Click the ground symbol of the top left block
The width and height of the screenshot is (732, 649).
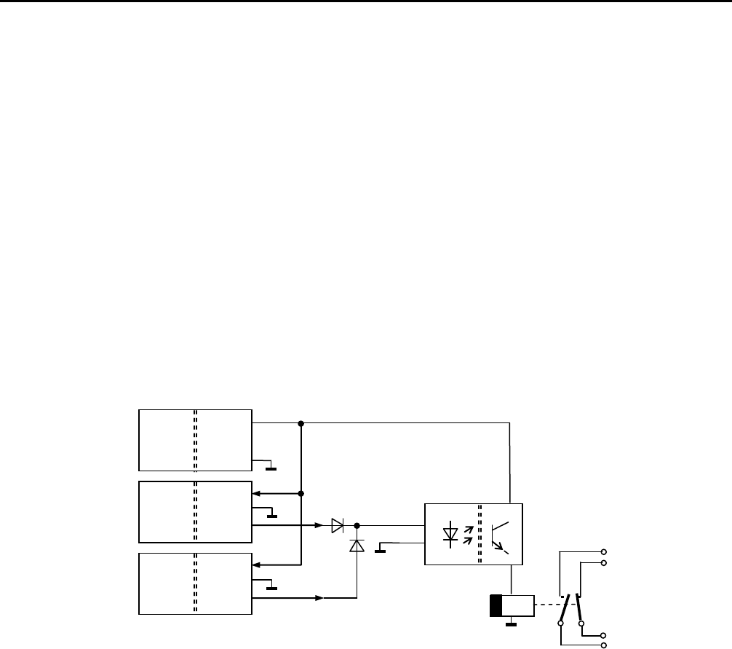(x=271, y=467)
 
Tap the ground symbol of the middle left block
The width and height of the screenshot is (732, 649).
(x=271, y=515)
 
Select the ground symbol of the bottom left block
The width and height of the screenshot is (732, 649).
(x=271, y=587)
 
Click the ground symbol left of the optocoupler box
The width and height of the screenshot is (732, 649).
(x=379, y=550)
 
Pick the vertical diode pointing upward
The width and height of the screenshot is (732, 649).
(x=357, y=546)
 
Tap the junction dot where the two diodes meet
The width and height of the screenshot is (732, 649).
(x=357, y=524)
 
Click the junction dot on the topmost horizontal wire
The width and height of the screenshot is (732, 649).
(x=301, y=423)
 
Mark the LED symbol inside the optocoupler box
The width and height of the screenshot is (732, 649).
(x=450, y=535)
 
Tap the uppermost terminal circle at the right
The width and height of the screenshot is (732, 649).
(x=602, y=552)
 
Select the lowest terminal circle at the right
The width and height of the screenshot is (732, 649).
(x=602, y=645)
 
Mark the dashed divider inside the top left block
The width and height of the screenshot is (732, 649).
(x=195, y=440)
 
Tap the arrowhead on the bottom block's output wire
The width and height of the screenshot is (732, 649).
(x=319, y=598)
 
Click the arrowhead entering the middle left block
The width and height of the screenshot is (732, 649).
(x=256, y=493)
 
